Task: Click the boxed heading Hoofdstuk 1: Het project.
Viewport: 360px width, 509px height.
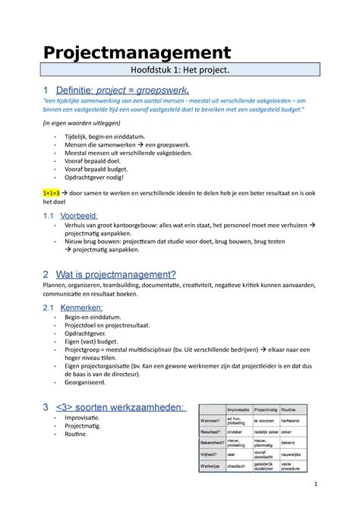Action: (x=179, y=72)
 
